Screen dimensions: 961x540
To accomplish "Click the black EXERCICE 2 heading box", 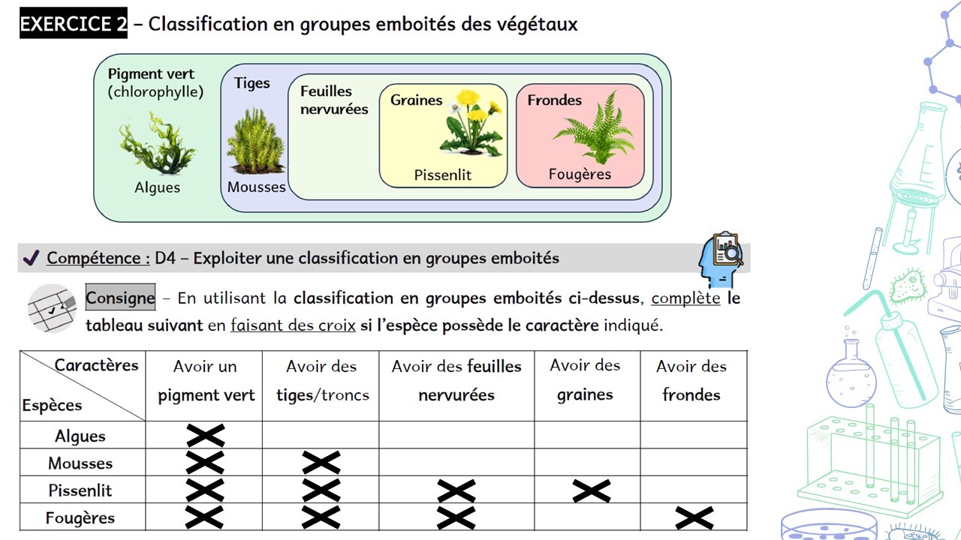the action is (74, 23).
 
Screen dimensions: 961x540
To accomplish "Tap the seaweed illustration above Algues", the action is (157, 142).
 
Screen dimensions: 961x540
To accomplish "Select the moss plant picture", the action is (256, 141).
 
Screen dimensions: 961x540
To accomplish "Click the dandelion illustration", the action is (471, 121).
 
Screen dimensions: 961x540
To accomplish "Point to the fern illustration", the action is (594, 127).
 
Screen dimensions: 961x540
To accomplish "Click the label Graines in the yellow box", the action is (416, 100).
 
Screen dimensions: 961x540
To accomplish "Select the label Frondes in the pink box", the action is (554, 100).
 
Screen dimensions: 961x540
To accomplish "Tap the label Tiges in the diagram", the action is (252, 83).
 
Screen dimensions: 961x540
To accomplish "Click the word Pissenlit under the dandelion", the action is (442, 175).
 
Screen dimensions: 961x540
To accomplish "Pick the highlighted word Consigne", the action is (120, 298).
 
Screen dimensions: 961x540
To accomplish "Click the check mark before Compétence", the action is (32, 257).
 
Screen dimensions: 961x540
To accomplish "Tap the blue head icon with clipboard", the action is (721, 259).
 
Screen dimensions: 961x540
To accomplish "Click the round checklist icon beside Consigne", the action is (52, 308).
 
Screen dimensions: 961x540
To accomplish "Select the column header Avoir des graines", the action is (585, 379).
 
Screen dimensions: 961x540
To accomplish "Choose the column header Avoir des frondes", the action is (691, 380).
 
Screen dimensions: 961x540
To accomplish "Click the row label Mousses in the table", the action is (80, 463).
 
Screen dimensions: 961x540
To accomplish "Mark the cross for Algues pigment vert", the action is (206, 436).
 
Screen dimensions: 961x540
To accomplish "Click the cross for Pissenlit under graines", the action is (591, 490).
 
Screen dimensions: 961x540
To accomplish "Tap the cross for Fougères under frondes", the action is (694, 517).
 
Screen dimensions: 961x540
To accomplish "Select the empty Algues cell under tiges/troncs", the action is (321, 434).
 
